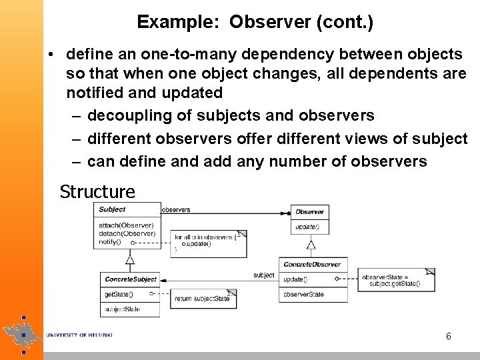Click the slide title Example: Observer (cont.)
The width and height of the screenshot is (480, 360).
click(255, 22)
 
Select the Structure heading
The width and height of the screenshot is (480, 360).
click(97, 192)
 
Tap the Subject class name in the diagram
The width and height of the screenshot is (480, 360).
click(112, 209)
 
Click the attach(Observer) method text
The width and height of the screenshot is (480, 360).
click(126, 225)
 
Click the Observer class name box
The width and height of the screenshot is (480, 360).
click(309, 211)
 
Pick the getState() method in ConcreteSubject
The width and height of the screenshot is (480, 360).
click(118, 294)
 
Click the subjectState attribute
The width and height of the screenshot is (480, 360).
click(123, 309)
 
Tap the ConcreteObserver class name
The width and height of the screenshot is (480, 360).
click(312, 264)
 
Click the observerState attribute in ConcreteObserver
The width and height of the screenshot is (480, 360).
click(303, 294)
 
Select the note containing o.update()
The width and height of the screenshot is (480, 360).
click(209, 243)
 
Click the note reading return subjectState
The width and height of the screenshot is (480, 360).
click(203, 299)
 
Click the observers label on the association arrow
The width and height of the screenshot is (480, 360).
click(176, 209)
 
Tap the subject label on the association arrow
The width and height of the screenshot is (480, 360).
click(263, 275)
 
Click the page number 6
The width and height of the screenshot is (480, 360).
click(449, 336)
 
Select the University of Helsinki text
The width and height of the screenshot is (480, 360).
click(78, 334)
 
